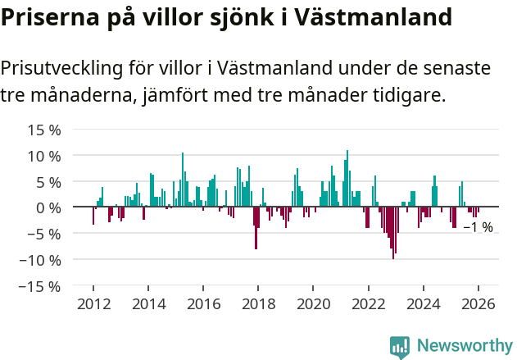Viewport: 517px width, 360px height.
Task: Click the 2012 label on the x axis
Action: (x=93, y=304)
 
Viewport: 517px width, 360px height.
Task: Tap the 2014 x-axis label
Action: (x=148, y=304)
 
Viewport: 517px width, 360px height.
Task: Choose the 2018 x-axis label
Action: (x=258, y=304)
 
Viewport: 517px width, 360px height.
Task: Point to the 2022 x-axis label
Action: (x=368, y=304)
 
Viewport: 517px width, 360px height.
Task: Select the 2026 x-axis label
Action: (x=478, y=304)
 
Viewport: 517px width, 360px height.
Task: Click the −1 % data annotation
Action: (x=478, y=227)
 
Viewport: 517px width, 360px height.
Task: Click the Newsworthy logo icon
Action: (x=400, y=346)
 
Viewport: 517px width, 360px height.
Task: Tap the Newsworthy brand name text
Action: (x=465, y=346)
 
